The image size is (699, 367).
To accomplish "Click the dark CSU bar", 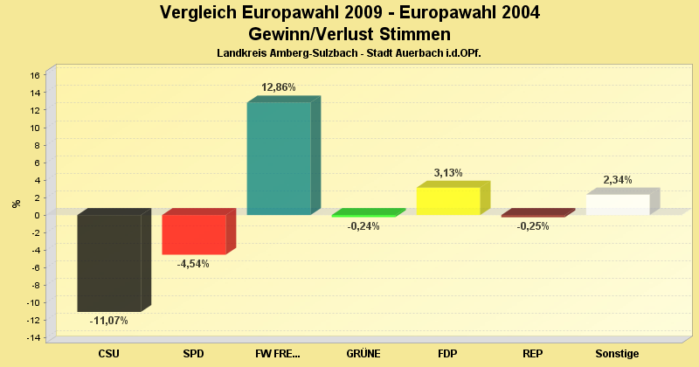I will [x=109, y=262].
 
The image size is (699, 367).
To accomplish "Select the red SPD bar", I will [x=194, y=234].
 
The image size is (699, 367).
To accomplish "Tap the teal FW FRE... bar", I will [x=279, y=158].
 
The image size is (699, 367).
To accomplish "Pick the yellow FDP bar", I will [x=448, y=201].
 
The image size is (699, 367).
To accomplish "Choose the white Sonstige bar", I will [x=618, y=204].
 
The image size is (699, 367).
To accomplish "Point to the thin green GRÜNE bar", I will [x=363, y=214].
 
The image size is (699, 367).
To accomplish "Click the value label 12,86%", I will [x=279, y=87].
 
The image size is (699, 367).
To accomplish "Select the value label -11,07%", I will [x=109, y=321].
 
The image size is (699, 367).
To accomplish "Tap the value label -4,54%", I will [x=194, y=264].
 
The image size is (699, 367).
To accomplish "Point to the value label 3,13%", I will [x=448, y=173].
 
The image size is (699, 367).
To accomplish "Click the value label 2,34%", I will [x=618, y=180].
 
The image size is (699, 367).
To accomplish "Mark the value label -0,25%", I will [x=533, y=226].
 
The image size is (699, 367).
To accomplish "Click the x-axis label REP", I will [x=533, y=354].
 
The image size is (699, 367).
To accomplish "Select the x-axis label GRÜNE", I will [x=363, y=354].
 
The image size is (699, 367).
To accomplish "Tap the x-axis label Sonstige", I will [x=618, y=354].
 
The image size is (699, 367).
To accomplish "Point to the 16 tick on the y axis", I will [x=36, y=75].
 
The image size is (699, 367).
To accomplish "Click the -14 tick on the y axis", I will [x=34, y=337].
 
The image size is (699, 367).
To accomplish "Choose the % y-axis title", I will [x=16, y=204].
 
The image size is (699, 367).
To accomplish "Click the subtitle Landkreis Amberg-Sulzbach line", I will [x=349, y=53].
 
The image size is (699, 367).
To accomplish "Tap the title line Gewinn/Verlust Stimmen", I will [x=349, y=34].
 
